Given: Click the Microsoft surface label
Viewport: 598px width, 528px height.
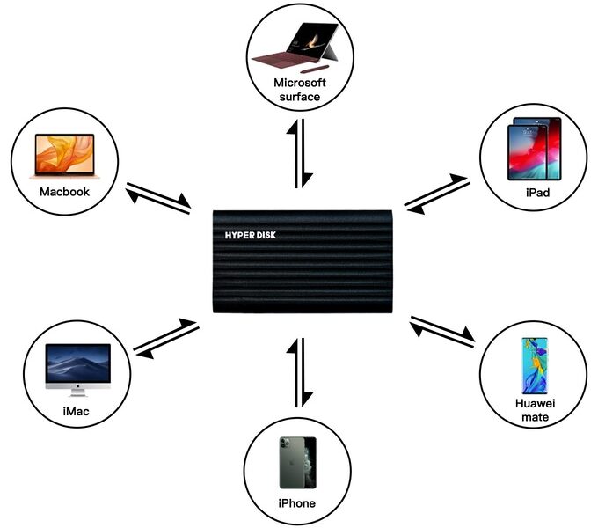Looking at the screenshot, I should (x=299, y=90).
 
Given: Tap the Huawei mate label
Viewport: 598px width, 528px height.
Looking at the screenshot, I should (x=534, y=410).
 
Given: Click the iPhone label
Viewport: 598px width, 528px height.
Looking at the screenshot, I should (x=297, y=502).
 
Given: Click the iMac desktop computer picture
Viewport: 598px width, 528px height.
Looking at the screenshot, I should (x=77, y=369).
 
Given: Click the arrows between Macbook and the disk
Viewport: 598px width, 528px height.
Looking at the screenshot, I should (x=159, y=198).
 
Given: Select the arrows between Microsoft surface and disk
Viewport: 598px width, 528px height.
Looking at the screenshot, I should (x=302, y=153).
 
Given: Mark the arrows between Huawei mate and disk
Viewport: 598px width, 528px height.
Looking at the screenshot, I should (x=442, y=332).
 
